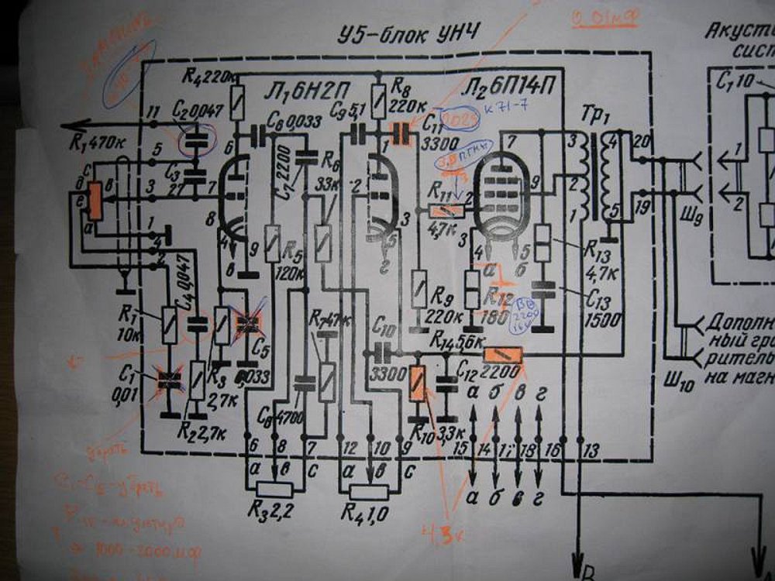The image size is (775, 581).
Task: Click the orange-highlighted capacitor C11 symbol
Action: (401, 134)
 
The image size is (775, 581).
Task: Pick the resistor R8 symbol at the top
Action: (378, 98)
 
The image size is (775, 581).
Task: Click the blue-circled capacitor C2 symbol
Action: (195, 142)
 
